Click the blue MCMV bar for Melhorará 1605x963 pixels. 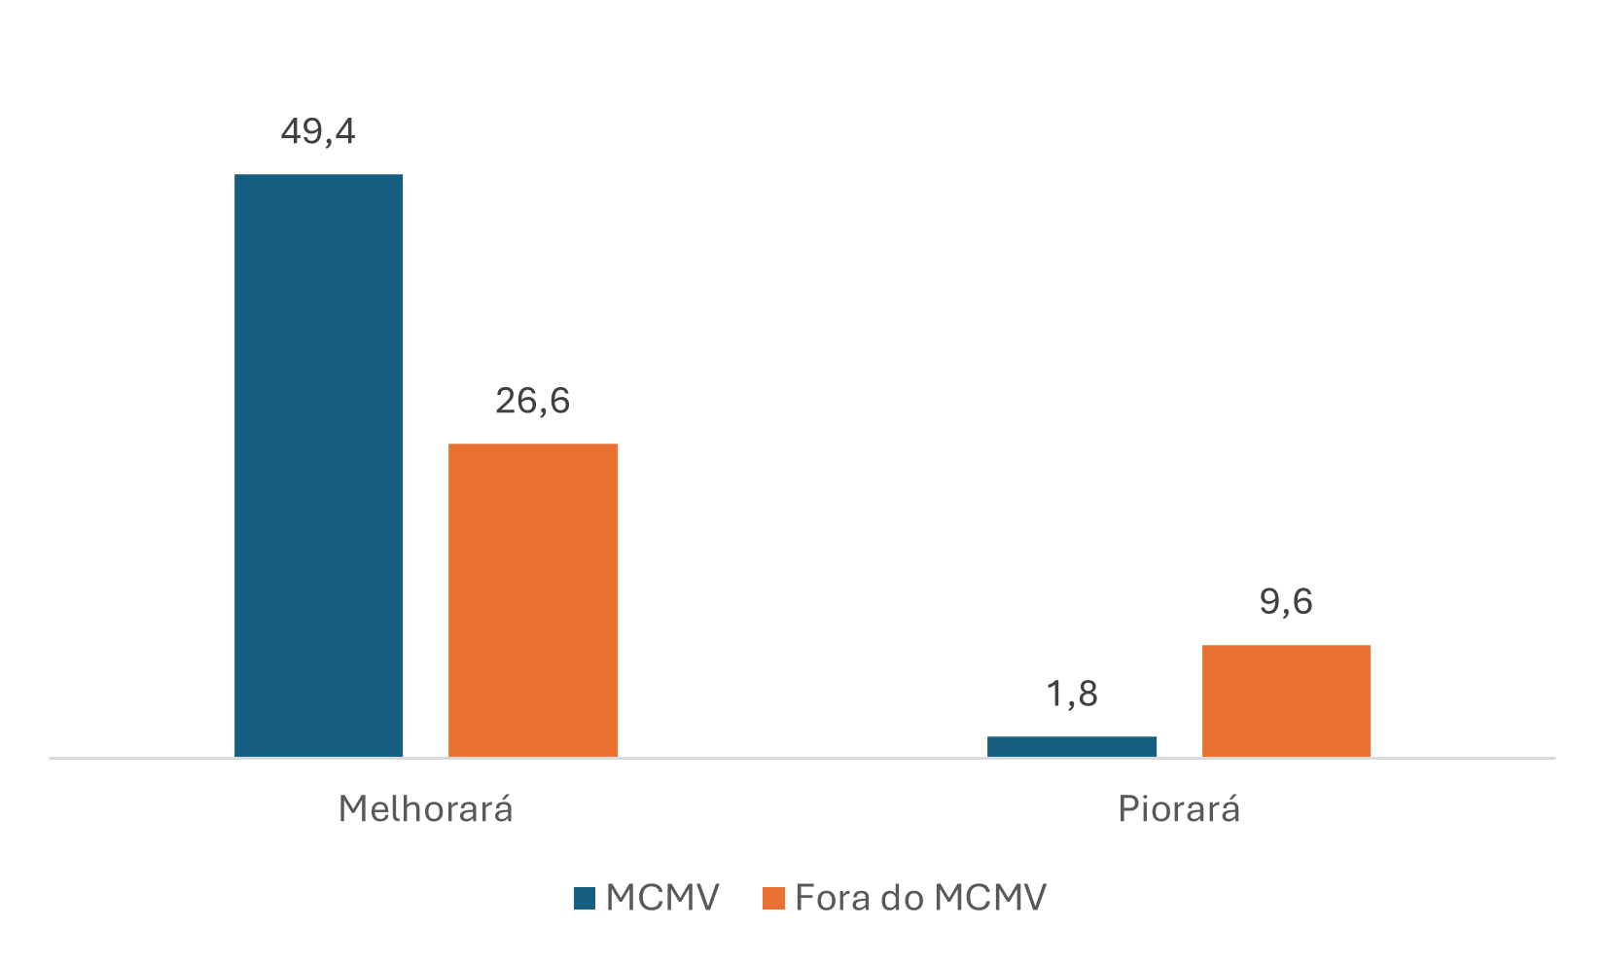click(x=318, y=465)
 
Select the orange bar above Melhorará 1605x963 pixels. click(x=532, y=600)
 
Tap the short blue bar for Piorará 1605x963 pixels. click(x=1071, y=746)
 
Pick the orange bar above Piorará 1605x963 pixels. click(x=1286, y=700)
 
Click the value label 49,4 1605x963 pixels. click(x=318, y=131)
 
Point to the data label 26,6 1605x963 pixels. click(x=532, y=401)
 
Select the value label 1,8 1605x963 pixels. click(x=1071, y=695)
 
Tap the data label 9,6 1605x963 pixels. click(x=1286, y=602)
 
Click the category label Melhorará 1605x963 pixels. click(x=425, y=809)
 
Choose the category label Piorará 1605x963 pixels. click(x=1179, y=809)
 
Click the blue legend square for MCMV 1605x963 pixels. click(x=584, y=898)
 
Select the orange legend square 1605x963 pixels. click(x=773, y=898)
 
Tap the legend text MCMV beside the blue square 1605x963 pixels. click(x=662, y=898)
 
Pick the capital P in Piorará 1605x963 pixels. click(x=1128, y=809)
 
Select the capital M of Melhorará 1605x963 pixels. click(x=353, y=809)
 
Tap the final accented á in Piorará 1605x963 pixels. click(x=1230, y=807)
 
